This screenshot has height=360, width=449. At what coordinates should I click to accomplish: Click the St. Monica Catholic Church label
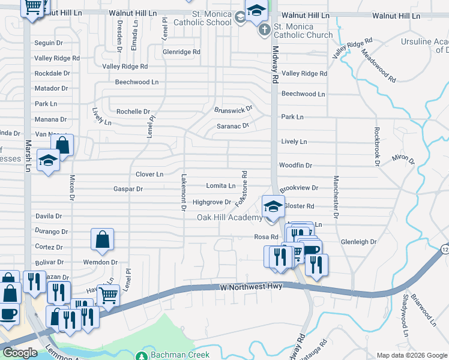coord(303,31)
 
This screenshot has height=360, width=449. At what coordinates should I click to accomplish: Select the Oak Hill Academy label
coord(229,217)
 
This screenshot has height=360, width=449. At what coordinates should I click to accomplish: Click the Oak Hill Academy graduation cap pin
coord(273,206)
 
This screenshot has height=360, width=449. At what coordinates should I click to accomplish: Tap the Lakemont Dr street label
coord(184,192)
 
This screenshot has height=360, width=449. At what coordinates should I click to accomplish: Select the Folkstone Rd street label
coord(244,185)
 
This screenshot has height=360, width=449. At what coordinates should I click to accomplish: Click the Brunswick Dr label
coord(234,110)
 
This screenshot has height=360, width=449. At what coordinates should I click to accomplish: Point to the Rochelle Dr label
coord(133,112)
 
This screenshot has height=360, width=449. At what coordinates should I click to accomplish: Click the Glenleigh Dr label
coord(358,242)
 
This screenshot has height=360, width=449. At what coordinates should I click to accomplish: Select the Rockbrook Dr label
coord(377,145)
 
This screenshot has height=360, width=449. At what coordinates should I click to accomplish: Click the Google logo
coord(20,353)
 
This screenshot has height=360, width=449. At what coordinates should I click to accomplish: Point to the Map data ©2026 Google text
coord(411,355)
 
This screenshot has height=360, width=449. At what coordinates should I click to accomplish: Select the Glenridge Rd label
coord(181,52)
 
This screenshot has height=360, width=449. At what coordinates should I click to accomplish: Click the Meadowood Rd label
coord(379,66)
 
